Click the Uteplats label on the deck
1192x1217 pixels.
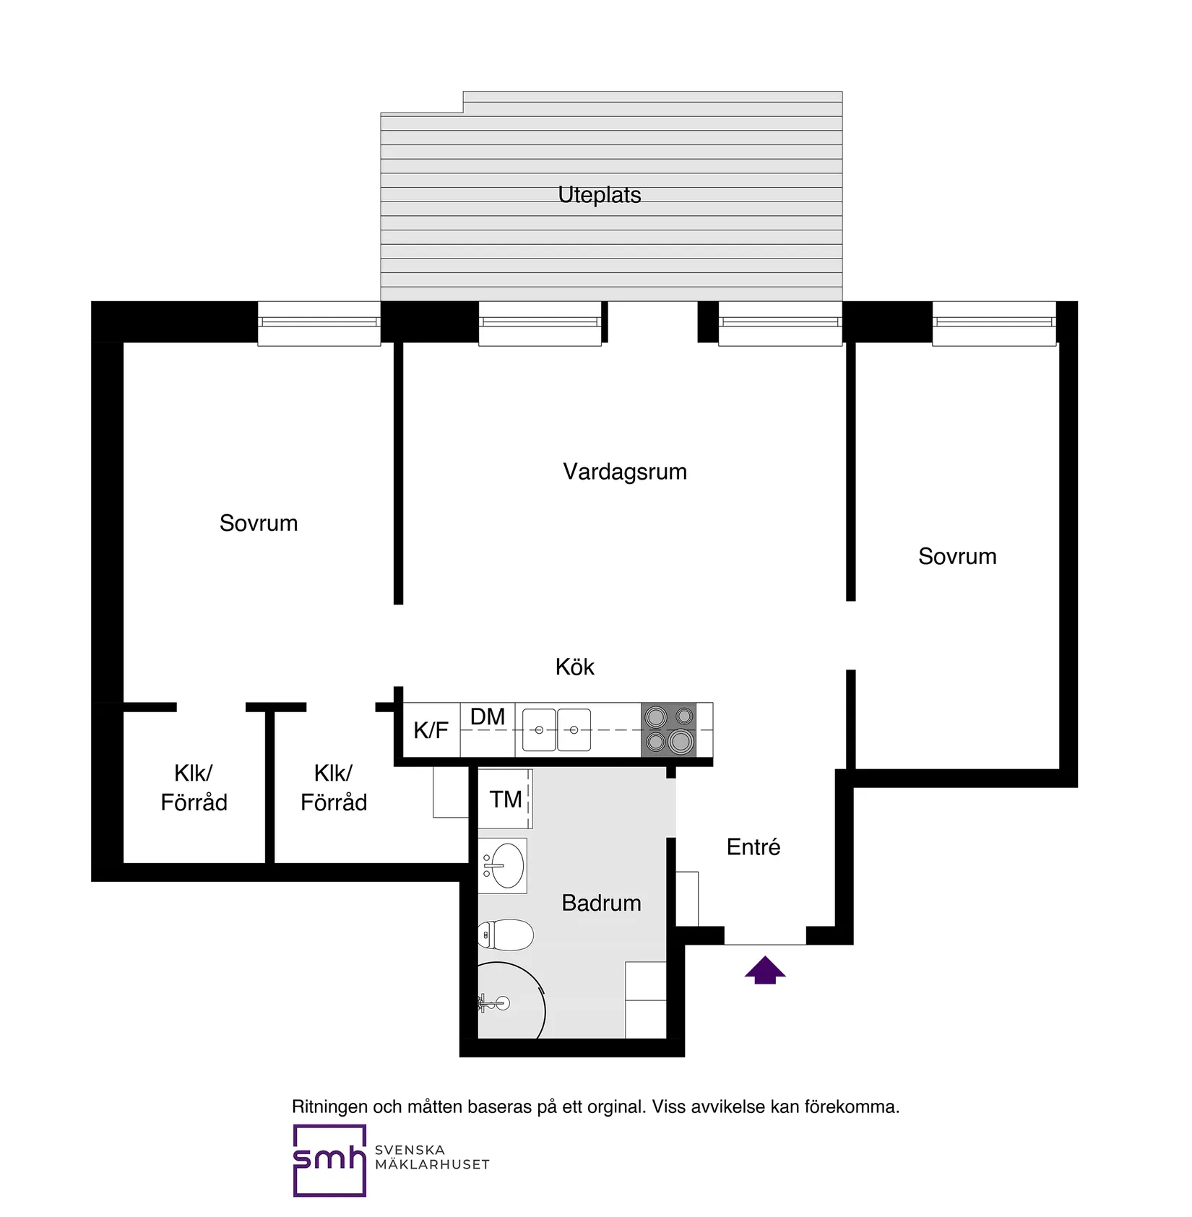[x=599, y=195]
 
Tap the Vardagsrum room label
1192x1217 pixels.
[x=624, y=472]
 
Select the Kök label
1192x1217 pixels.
[x=574, y=667]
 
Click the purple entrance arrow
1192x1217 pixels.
[x=764, y=970]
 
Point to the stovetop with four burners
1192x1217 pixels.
[x=668, y=729]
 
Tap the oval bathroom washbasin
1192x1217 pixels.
[x=506, y=865]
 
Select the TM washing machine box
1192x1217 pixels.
[x=505, y=799]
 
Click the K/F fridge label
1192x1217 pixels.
[x=431, y=730]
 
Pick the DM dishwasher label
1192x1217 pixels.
[x=488, y=717]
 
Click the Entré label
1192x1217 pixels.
[x=753, y=847]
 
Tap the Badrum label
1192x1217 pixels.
[x=601, y=903]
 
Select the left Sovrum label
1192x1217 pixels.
[x=259, y=523]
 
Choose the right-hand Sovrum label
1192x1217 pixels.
[x=956, y=556]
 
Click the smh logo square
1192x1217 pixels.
[x=329, y=1160]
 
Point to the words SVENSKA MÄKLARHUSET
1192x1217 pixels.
[x=432, y=1157]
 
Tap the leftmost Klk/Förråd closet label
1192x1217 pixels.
[x=194, y=788]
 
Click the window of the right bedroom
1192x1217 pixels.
[x=993, y=323]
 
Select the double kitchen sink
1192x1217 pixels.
[x=556, y=730]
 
